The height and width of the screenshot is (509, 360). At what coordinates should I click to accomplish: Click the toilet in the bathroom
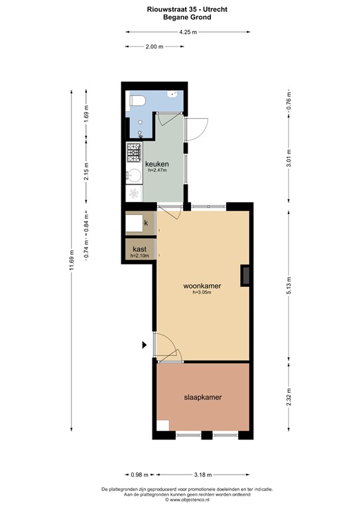[137, 100]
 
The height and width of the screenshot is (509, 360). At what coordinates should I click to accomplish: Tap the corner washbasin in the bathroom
[174, 95]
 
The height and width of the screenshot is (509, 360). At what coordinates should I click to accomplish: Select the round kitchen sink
[133, 175]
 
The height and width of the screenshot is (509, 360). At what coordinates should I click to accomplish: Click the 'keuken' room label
[157, 164]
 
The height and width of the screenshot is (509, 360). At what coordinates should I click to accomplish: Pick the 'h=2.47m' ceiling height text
[157, 170]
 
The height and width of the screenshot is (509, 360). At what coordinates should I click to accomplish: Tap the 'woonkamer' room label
[202, 286]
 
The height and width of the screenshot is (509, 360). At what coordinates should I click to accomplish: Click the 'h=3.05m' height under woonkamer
[202, 293]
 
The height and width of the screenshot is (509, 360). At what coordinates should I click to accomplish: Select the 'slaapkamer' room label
[202, 398]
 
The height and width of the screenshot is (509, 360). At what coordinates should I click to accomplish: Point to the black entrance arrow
[145, 345]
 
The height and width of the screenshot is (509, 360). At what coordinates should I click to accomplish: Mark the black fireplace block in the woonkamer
[245, 275]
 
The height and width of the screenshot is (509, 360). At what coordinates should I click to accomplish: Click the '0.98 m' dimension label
[137, 475]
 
